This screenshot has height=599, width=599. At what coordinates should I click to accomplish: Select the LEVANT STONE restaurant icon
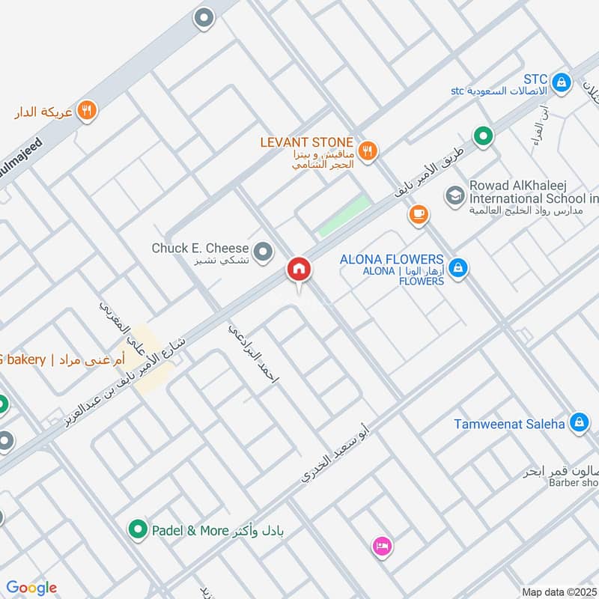tap(367, 150)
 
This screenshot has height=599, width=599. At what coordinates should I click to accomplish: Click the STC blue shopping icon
tap(559, 80)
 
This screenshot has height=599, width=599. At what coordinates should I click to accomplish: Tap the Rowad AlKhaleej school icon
tap(454, 196)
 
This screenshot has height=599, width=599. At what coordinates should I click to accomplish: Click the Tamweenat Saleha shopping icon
tap(577, 423)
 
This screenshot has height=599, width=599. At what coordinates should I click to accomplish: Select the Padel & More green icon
tap(137, 530)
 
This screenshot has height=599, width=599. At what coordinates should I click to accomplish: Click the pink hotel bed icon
tap(382, 546)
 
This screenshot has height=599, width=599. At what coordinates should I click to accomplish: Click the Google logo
tap(31, 588)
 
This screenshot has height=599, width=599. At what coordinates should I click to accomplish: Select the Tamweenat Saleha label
tap(509, 424)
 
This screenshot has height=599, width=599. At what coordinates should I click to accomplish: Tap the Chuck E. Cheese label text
tap(199, 248)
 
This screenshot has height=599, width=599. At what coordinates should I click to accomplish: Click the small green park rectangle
tap(344, 216)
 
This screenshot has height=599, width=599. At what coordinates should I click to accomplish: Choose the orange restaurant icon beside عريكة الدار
tap(87, 110)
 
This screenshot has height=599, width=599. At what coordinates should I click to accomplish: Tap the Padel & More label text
tap(189, 531)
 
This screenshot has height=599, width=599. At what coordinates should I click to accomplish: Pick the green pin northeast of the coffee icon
tap(484, 136)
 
